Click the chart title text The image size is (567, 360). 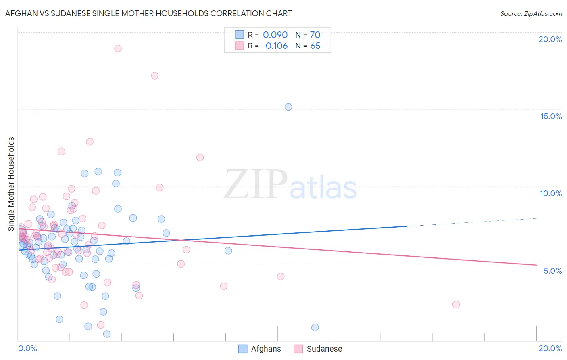(148, 13)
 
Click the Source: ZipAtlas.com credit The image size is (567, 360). (531, 14)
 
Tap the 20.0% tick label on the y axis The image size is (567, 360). (550, 39)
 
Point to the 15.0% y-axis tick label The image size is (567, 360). (551, 116)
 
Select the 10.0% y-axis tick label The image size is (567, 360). (551, 193)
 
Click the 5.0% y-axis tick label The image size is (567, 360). (552, 271)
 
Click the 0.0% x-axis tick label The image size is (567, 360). (28, 348)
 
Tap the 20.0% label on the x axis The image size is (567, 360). (550, 348)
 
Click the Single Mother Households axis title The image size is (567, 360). (11, 184)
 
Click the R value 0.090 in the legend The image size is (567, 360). (275, 35)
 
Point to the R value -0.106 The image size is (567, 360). (275, 46)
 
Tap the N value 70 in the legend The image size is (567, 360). (315, 35)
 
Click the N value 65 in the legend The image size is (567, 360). (315, 46)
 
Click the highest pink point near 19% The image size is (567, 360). (118, 48)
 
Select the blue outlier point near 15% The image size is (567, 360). (288, 107)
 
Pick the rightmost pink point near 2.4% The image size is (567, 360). (456, 305)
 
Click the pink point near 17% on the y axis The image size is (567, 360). (154, 75)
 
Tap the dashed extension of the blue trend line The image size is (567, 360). (472, 222)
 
